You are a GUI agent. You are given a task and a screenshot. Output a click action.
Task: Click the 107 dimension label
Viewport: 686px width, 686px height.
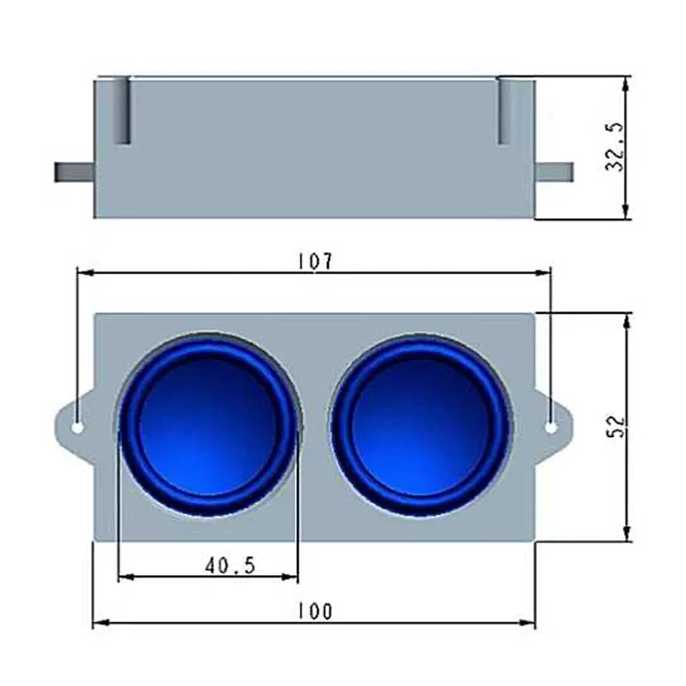click(x=315, y=261)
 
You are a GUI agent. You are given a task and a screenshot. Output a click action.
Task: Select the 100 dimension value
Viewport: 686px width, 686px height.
click(x=315, y=611)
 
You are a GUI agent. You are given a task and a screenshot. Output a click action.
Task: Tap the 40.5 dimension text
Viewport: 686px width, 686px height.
click(x=230, y=565)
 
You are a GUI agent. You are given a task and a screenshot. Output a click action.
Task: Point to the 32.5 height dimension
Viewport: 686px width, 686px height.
click(x=614, y=147)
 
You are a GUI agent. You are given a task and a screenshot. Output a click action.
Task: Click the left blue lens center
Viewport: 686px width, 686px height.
click(x=208, y=426)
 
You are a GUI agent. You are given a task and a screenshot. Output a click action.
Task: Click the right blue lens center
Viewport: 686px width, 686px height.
click(x=421, y=426)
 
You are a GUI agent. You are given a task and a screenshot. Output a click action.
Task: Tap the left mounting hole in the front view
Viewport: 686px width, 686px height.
click(x=78, y=427)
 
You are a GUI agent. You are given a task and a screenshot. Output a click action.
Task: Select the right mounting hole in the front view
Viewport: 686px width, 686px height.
click(x=551, y=427)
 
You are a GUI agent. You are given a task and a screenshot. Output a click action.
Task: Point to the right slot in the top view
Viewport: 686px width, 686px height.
click(x=504, y=111)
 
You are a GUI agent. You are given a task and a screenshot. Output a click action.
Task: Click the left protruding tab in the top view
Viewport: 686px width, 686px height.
click(x=73, y=171)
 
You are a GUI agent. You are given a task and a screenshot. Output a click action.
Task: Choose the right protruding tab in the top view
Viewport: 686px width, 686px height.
click(x=554, y=171)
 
